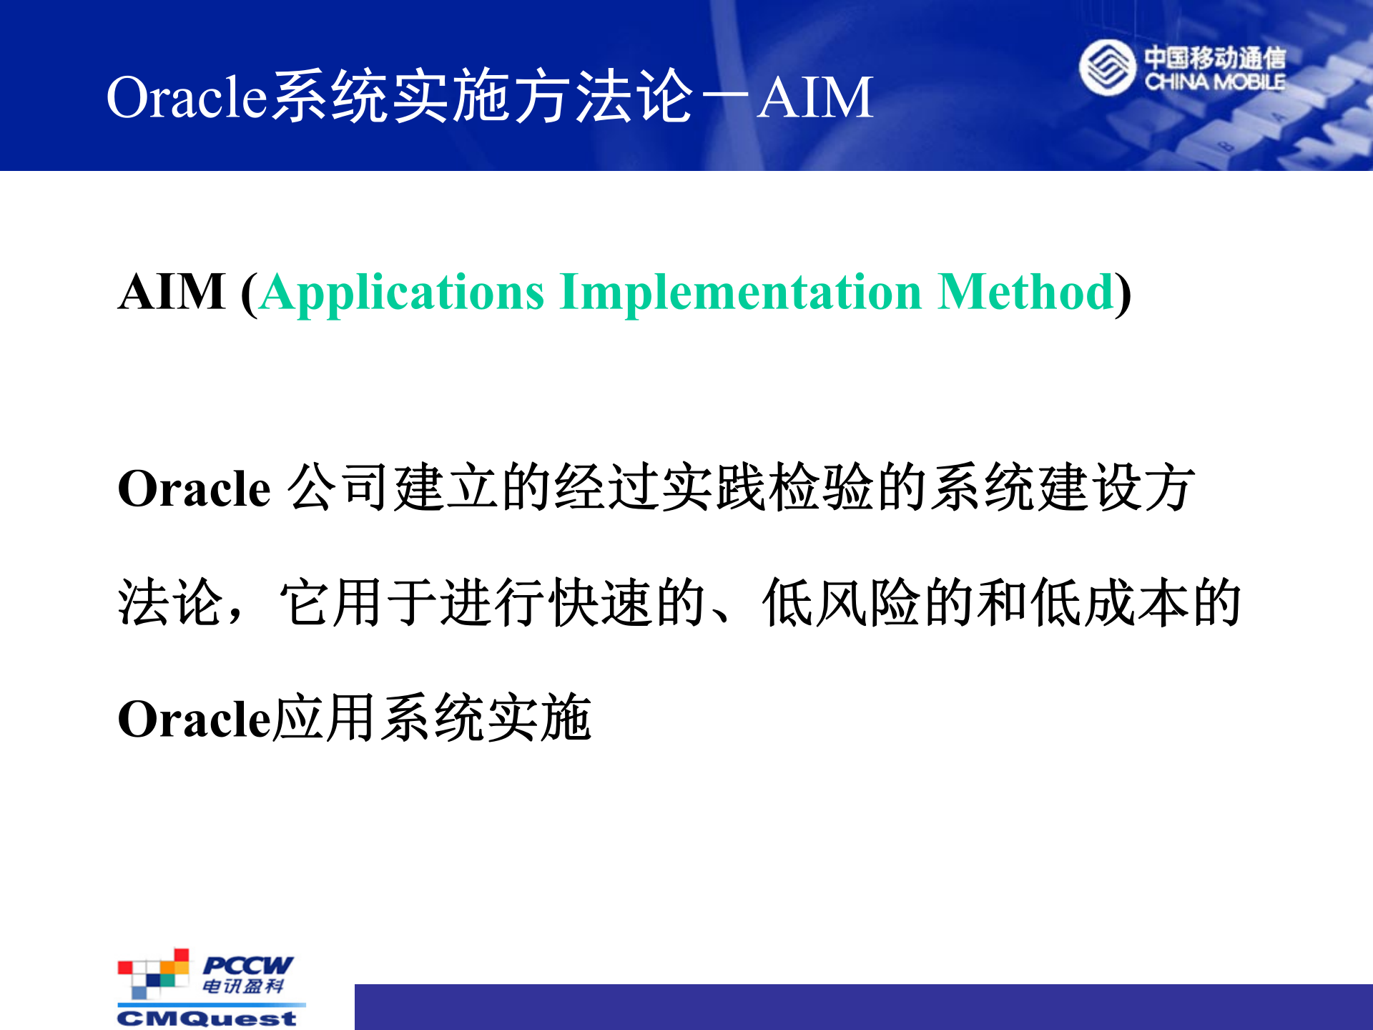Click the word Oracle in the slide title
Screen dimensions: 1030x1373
point(187,97)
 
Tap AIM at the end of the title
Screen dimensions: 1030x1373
point(815,97)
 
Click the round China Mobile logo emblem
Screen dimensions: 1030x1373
point(1107,68)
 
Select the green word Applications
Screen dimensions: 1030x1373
point(403,293)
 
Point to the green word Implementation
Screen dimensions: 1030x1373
point(741,293)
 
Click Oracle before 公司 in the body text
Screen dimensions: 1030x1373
point(194,489)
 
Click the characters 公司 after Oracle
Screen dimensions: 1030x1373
point(340,488)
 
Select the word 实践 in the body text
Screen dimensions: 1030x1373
point(715,488)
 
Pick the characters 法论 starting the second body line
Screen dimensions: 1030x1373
point(170,603)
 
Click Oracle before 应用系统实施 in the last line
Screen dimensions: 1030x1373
point(194,719)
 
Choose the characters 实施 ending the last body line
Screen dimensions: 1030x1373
point(539,718)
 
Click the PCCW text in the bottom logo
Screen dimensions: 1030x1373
point(247,965)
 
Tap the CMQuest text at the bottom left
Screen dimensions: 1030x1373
point(207,1019)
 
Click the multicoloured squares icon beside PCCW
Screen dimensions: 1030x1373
point(153,973)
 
